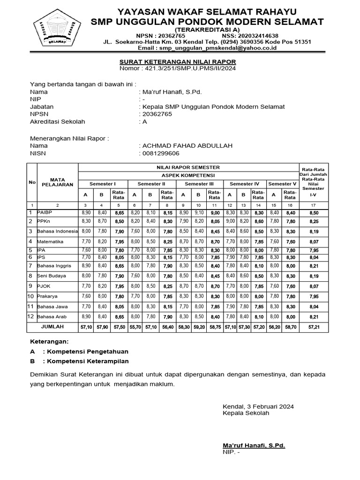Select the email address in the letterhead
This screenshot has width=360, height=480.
207,48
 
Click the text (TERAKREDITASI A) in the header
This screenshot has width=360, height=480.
207,29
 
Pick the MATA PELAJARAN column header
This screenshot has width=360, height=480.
57,182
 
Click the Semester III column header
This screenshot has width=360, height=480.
198,184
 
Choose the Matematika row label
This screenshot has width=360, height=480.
51,241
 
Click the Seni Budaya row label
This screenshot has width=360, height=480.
52,276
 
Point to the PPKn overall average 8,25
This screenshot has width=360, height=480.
314,221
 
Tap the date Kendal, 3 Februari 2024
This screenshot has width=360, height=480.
258,406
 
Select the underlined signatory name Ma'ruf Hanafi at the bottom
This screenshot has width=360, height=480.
254,445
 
